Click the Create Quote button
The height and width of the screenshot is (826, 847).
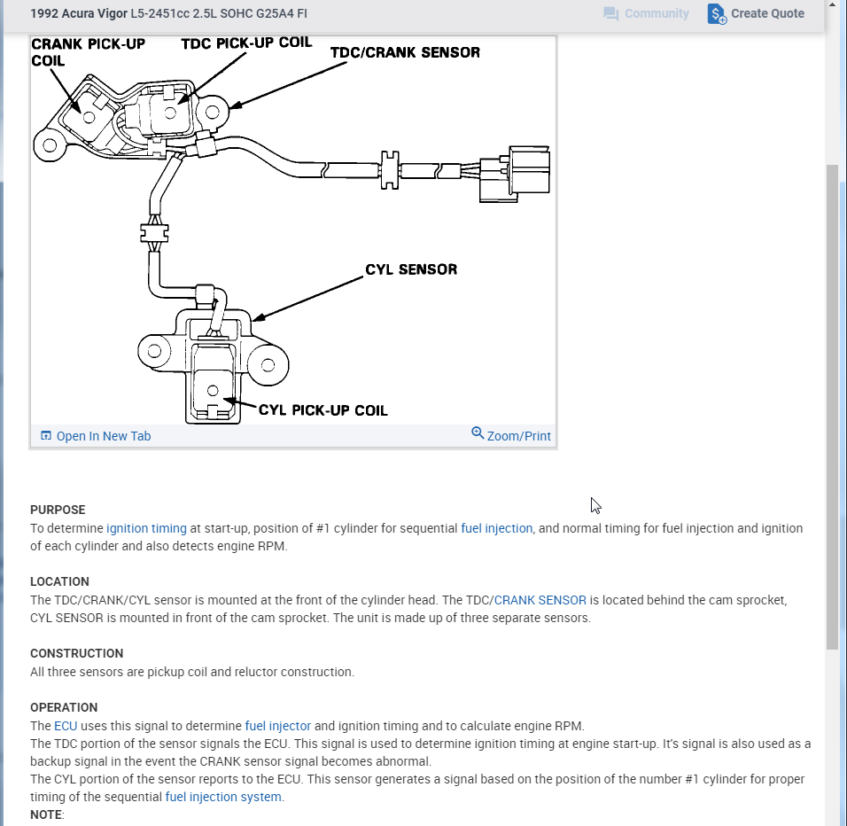coord(756,14)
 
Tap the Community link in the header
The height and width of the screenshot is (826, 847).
coord(646,14)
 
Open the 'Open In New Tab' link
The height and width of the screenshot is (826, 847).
coord(96,436)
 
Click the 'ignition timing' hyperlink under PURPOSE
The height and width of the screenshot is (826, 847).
coord(146,528)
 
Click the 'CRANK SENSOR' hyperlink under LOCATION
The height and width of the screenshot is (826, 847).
coord(540,600)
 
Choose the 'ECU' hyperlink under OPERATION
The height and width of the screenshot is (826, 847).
coord(66,726)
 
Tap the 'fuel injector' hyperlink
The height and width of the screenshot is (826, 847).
coord(277,726)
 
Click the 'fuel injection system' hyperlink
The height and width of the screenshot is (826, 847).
coord(223,797)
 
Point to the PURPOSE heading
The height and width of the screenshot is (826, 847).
coord(58,510)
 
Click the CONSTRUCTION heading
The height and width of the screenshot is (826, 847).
coord(76,653)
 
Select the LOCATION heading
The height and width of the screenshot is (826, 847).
coord(59,581)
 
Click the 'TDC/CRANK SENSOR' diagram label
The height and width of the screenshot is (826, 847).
coord(405,53)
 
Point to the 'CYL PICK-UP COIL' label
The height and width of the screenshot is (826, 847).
coord(322,410)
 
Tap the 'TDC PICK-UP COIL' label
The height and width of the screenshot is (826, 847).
coord(246,43)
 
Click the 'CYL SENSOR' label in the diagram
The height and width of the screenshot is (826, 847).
coord(411,269)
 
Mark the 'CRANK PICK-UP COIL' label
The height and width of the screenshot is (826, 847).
coord(87,51)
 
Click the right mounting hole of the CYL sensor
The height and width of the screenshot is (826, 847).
coord(267,362)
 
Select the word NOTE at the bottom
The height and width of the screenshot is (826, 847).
coord(46,814)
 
